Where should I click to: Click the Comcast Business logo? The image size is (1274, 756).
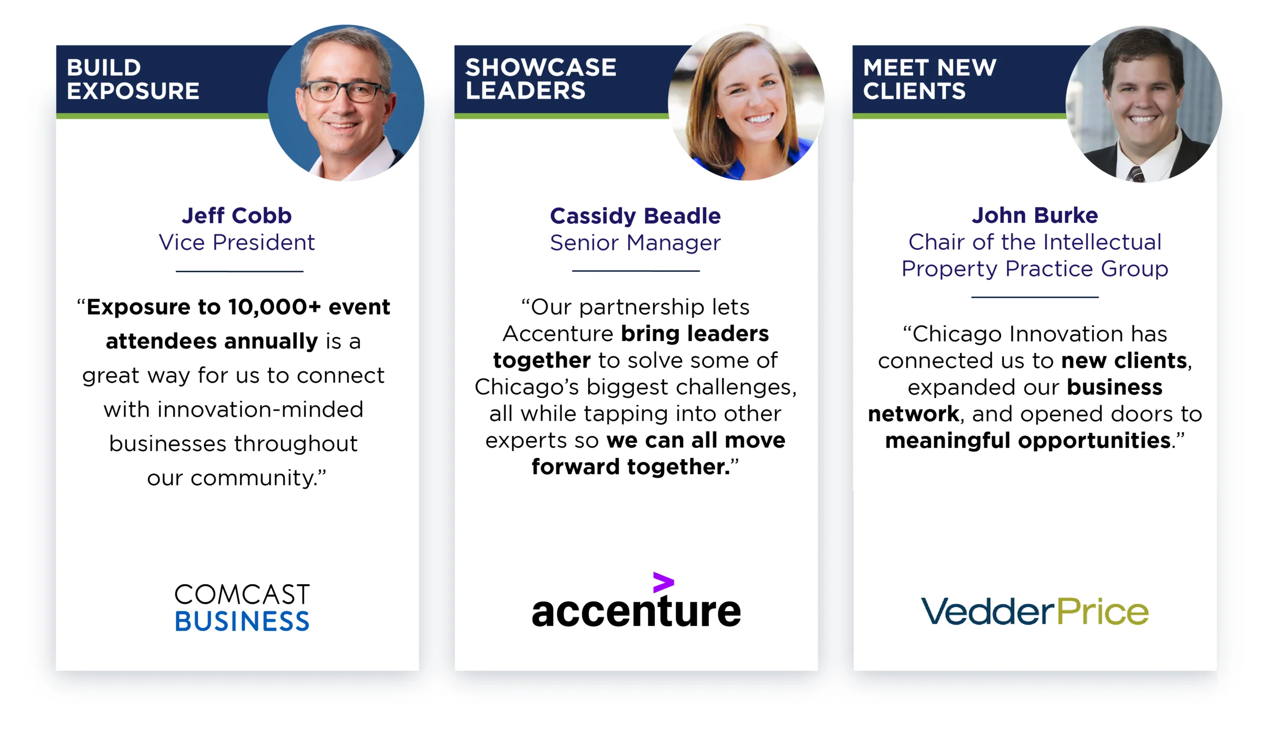(242, 607)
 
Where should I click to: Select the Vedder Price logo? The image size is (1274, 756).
(1035, 611)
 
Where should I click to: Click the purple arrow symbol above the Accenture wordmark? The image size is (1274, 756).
(663, 582)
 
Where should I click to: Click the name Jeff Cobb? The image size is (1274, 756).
(237, 216)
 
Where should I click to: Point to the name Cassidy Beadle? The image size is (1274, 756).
(636, 216)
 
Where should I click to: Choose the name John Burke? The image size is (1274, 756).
(1035, 216)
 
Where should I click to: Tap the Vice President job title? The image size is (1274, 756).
(237, 242)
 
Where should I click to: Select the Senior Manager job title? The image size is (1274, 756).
(636, 243)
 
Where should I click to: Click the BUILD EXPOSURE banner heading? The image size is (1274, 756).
(132, 79)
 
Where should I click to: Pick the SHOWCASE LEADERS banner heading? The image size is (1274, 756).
(540, 79)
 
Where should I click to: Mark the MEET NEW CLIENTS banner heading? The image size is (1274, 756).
(930, 79)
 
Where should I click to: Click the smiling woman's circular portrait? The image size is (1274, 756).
(746, 103)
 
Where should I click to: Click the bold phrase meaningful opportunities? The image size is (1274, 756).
(1028, 441)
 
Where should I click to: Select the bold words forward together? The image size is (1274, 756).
(631, 467)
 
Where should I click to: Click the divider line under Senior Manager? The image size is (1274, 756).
(636, 271)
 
